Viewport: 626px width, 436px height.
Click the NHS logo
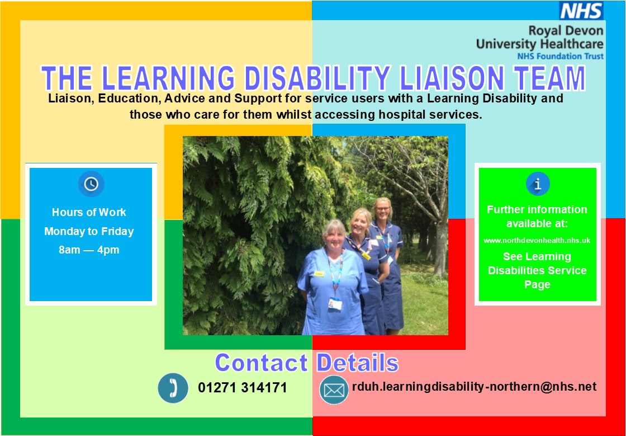(x=581, y=11)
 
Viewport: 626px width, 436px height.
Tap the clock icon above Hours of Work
(x=91, y=184)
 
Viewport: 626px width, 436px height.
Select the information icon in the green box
(x=538, y=184)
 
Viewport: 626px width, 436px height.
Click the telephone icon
(x=173, y=388)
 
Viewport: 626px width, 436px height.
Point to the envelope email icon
(x=334, y=390)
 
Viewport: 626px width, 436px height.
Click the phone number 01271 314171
(x=242, y=388)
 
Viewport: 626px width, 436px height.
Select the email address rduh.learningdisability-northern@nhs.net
(x=474, y=386)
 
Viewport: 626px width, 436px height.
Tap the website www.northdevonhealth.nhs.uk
(x=537, y=240)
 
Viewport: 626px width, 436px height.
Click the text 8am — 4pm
(x=89, y=250)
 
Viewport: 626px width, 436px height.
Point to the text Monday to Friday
(x=89, y=231)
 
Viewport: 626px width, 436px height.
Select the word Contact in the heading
(x=261, y=363)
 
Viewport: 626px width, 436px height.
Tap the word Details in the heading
(x=357, y=363)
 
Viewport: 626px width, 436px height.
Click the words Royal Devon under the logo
(x=566, y=31)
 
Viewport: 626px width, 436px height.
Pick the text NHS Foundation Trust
(x=560, y=56)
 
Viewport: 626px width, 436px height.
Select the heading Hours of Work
(x=89, y=212)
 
